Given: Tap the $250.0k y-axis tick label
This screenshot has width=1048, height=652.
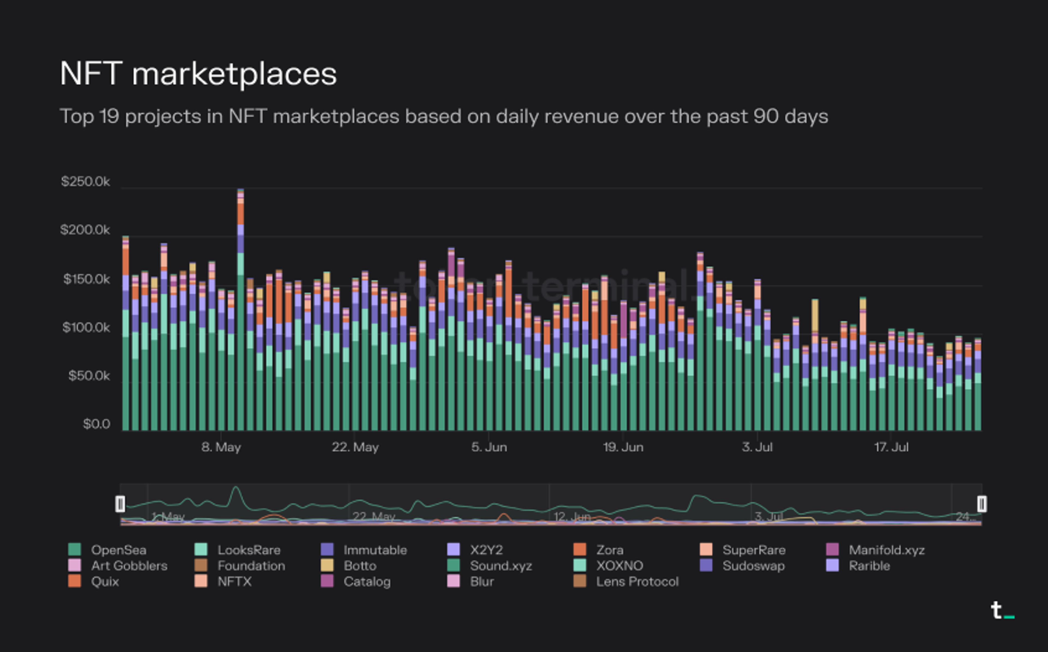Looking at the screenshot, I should (x=85, y=182).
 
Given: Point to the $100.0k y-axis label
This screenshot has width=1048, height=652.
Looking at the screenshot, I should (x=86, y=328).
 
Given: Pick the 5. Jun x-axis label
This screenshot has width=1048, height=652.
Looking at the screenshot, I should (x=489, y=447).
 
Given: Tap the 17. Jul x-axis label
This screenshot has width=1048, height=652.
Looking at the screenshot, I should (x=891, y=447).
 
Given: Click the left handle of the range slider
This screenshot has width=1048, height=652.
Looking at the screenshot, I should (x=120, y=504).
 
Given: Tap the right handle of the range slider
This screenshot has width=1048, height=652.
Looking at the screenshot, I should (x=982, y=504).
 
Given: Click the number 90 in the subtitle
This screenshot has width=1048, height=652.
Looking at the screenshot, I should (x=766, y=116).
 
